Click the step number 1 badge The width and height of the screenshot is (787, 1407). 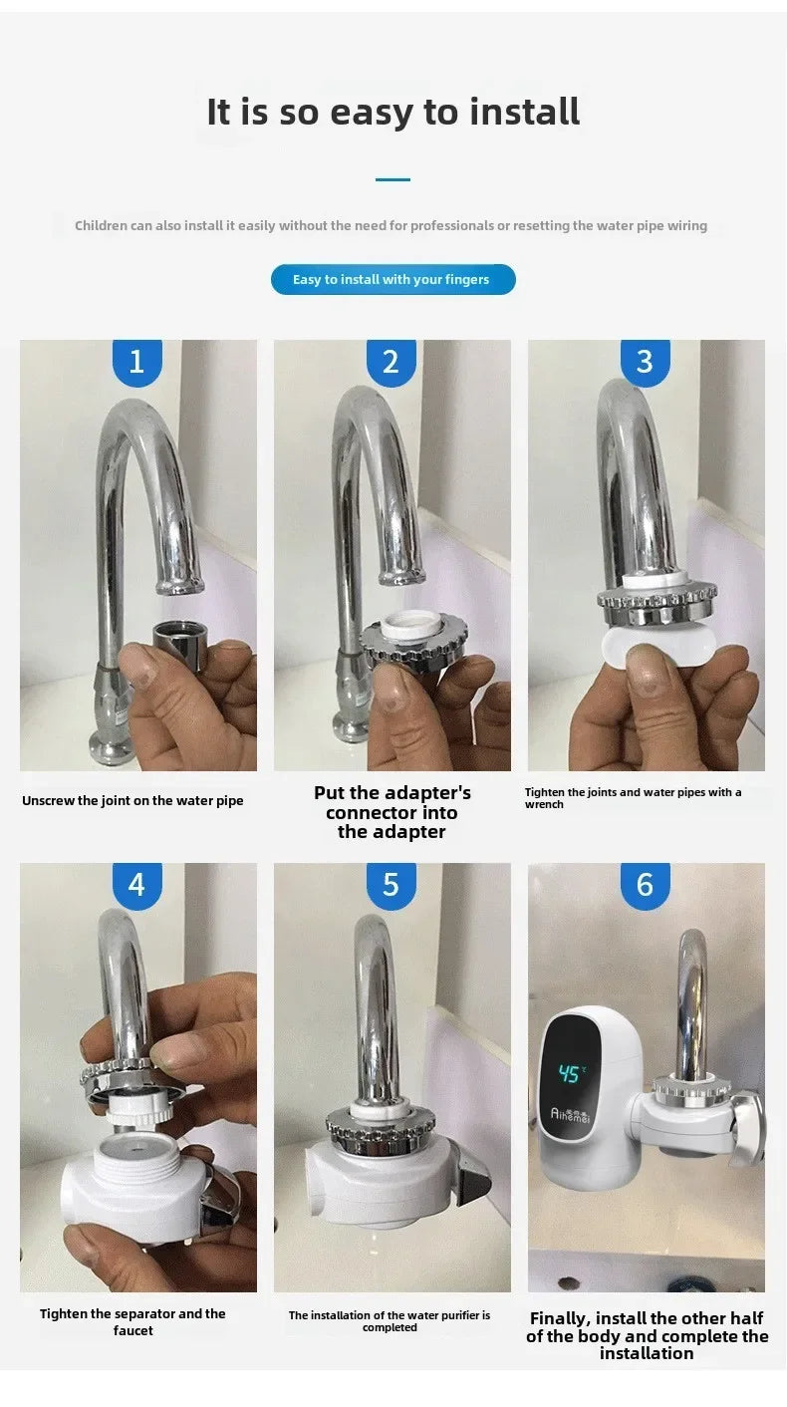(136, 362)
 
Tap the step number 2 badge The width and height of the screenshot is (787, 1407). (391, 362)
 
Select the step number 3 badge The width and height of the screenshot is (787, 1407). (645, 362)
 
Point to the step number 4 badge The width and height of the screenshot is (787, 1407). (136, 885)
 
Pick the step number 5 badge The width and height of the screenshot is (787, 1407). (391, 885)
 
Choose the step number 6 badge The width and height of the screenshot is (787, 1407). (645, 885)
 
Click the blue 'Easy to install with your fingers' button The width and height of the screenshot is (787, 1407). (393, 280)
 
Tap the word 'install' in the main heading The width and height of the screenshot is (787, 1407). (524, 113)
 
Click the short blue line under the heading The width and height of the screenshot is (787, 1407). (393, 179)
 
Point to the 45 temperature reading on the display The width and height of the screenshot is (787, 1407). (569, 1074)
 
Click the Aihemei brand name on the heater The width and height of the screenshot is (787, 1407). (570, 1113)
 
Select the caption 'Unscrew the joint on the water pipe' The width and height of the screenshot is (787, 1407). (132, 801)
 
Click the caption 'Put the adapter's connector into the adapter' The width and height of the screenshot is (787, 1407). (392, 812)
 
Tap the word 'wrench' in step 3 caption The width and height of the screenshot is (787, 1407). (544, 805)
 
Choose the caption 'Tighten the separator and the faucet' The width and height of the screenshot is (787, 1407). (132, 1322)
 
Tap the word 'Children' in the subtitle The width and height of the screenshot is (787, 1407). (101, 226)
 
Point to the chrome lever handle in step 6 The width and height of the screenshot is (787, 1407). (746, 1126)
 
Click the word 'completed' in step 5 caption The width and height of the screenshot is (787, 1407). (390, 1328)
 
